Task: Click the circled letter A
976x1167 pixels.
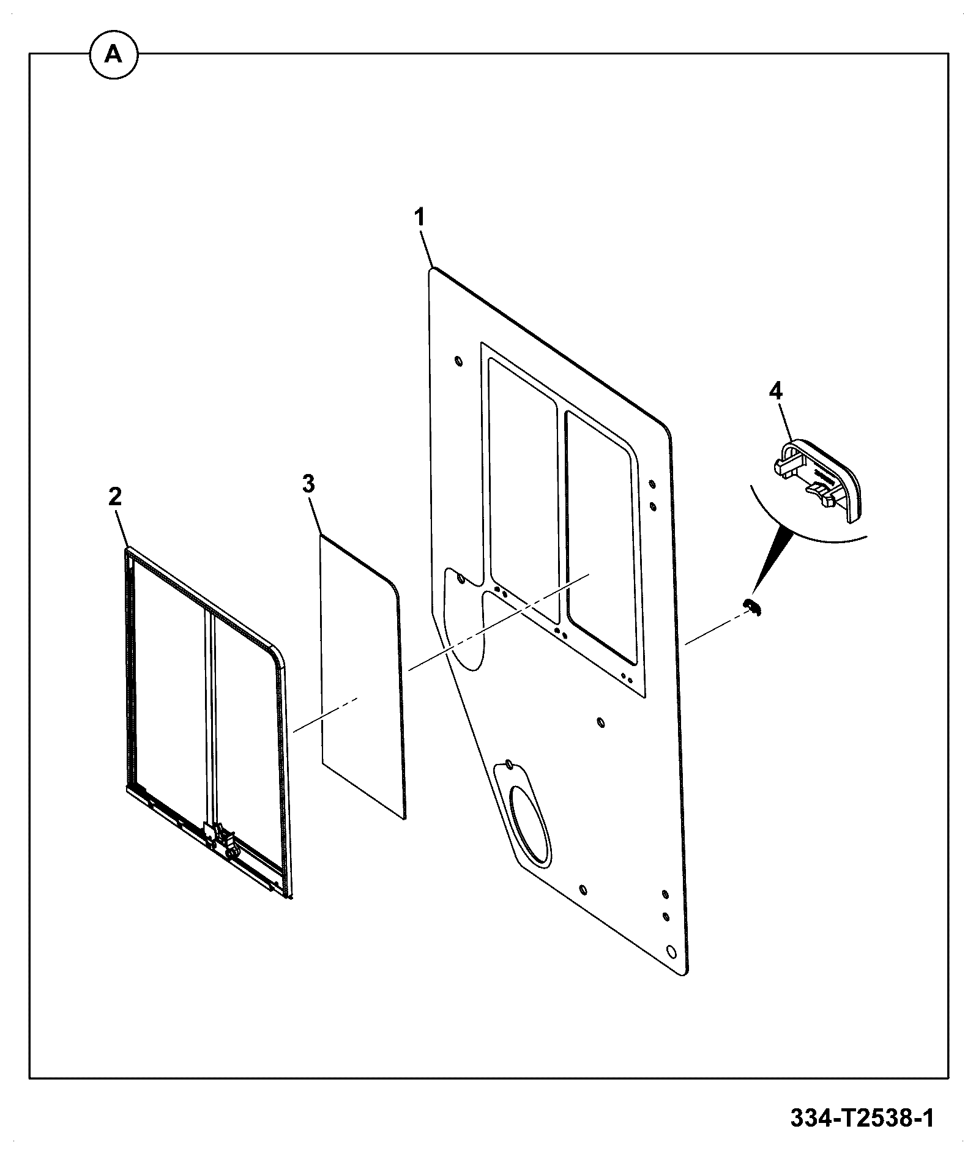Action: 113,56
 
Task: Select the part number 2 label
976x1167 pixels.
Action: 114,497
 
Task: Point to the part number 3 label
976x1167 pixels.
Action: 308,484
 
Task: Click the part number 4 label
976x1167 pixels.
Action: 775,391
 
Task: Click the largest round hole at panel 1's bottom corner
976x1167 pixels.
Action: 671,968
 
